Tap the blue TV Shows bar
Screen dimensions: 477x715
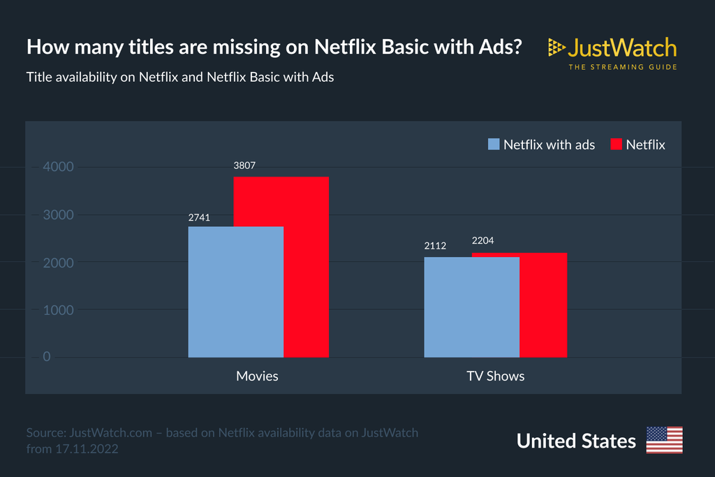[x=471, y=307]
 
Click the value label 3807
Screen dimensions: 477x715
[x=244, y=166]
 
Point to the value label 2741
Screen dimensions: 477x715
[x=199, y=217]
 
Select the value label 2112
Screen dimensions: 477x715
[x=435, y=246]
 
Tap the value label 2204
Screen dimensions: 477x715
[x=483, y=241]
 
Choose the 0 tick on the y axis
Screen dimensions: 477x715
[x=47, y=357]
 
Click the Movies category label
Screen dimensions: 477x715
[x=257, y=376]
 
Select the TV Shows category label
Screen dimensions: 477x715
[x=496, y=376]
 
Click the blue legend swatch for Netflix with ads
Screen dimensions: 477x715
[x=493, y=144]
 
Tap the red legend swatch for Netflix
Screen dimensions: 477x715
[x=616, y=144]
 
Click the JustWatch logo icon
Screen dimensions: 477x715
[x=556, y=47]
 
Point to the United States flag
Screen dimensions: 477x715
[x=664, y=440]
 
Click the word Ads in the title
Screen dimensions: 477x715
[x=503, y=47]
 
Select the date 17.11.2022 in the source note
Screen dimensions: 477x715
[x=87, y=449]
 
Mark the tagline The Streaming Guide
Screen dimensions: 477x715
[x=622, y=67]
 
